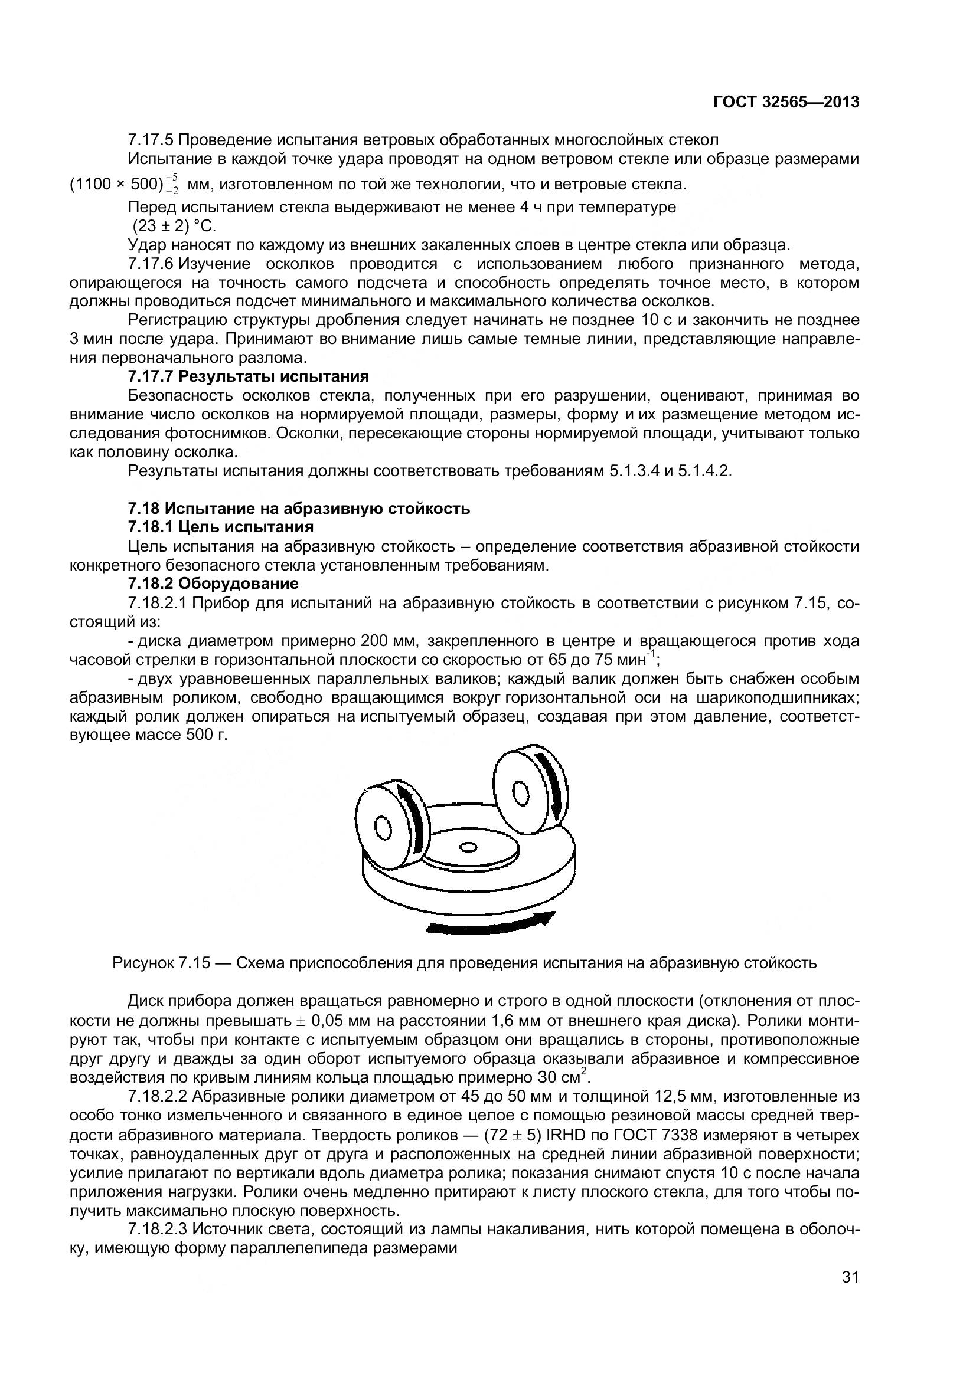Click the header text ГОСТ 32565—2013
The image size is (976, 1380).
tap(785, 102)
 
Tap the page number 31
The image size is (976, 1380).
tap(850, 1294)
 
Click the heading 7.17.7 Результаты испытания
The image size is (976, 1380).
tap(248, 377)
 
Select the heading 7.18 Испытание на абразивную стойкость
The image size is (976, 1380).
tap(298, 509)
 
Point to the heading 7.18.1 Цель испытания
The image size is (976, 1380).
tap(221, 527)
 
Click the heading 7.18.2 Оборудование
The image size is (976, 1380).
tap(213, 584)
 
